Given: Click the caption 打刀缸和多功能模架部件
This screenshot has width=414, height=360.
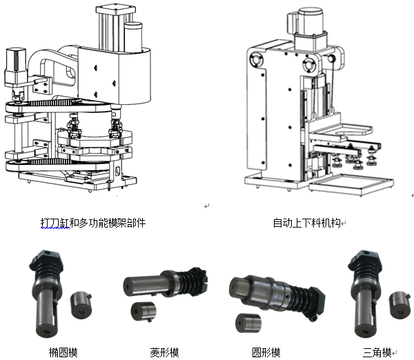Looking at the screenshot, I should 93,223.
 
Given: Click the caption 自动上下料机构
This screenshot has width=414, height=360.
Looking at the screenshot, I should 308,223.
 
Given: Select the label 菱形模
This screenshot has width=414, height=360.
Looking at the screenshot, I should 164,352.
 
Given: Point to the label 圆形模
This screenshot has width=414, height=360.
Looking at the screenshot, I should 266,352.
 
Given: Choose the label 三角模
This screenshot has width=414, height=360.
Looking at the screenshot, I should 377,352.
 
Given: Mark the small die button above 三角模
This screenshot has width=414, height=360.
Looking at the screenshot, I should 400,303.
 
